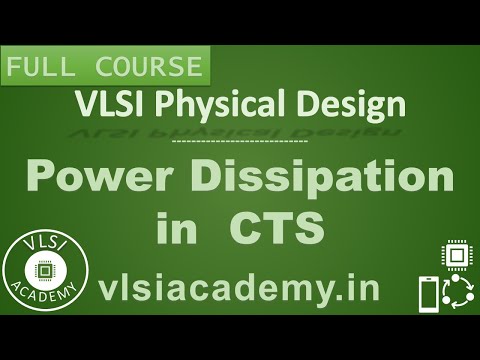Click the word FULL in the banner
pyautogui.click(x=39, y=69)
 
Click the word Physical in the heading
pyautogui.click(x=213, y=104)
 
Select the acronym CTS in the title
pyautogui.click(x=278, y=229)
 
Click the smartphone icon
pyautogui.click(x=427, y=295)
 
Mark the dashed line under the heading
pyautogui.click(x=239, y=142)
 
